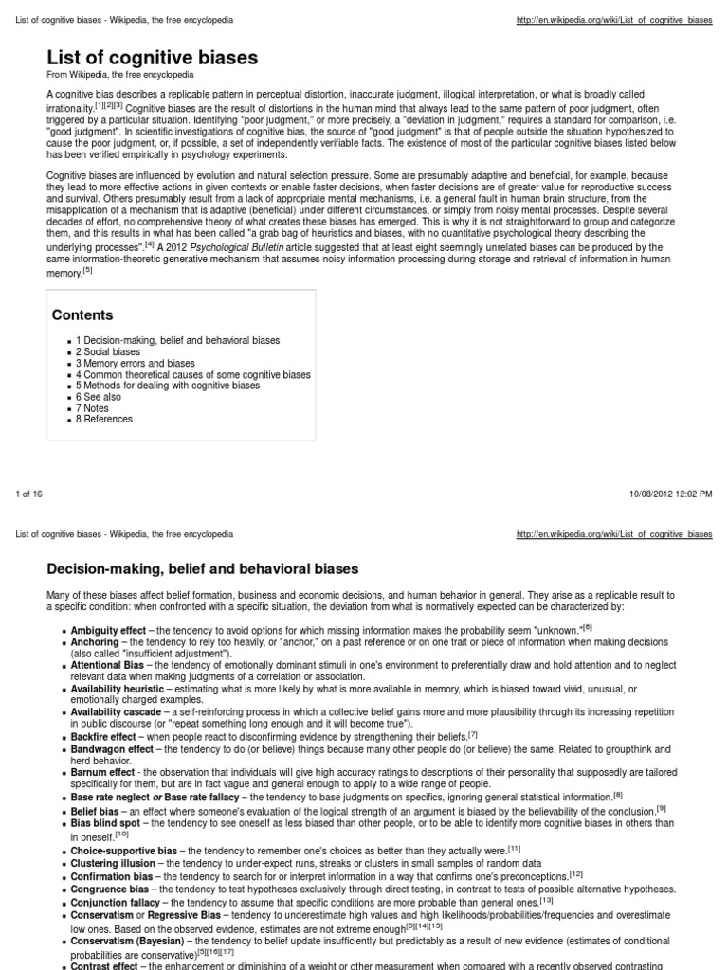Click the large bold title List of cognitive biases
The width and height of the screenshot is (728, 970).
[x=152, y=58]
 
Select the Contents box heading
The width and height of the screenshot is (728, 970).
[x=82, y=314]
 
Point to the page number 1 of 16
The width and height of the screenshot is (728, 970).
[x=29, y=494]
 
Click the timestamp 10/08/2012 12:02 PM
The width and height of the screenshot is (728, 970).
[x=671, y=494]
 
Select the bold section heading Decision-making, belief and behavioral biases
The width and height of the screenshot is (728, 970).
[x=203, y=569]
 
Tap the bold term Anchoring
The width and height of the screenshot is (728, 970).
[x=94, y=641]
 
